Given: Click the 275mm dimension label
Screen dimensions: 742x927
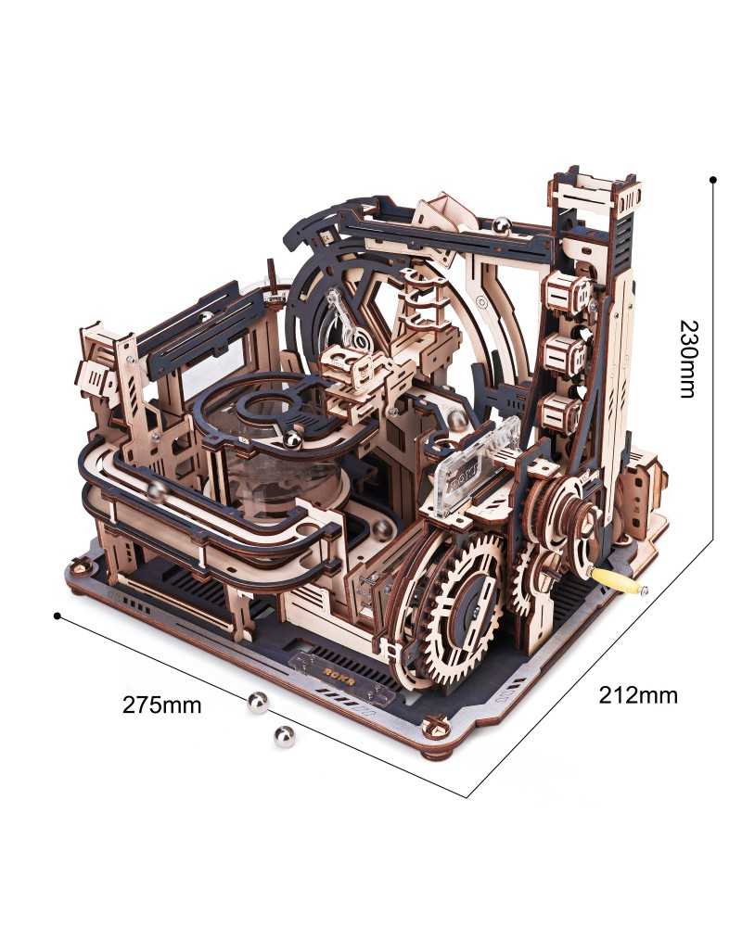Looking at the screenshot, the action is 161,705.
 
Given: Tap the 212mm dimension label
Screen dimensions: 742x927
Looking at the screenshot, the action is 638,694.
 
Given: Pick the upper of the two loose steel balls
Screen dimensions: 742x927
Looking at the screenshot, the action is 258,703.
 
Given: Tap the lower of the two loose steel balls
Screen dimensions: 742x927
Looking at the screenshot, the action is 284,736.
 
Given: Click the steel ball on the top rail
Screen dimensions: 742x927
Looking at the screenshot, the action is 501,225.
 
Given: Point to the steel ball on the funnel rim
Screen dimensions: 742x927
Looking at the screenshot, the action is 293,439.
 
